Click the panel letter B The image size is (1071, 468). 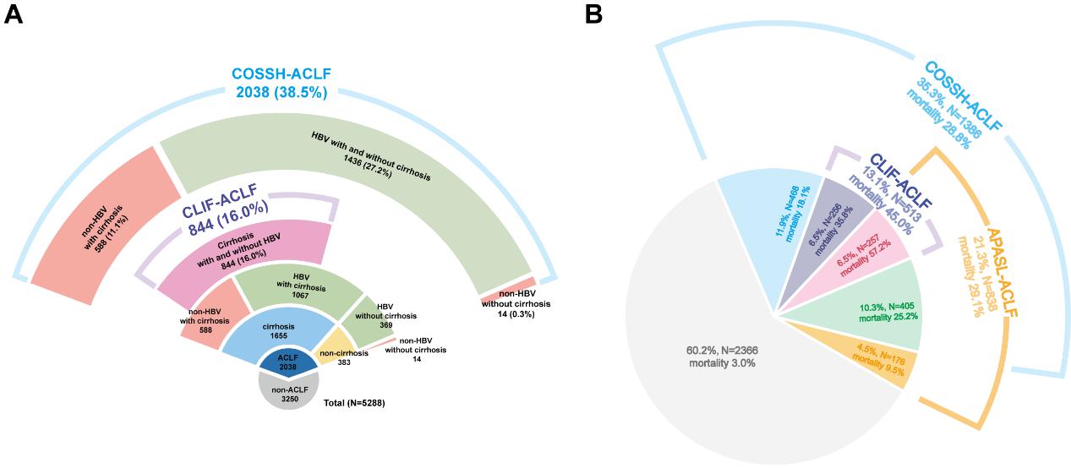tap(593, 14)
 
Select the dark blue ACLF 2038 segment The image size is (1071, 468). tap(289, 362)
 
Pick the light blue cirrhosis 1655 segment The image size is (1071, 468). tap(278, 330)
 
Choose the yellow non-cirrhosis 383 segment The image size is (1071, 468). tap(342, 354)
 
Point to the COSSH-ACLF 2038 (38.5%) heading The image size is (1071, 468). tap(279, 83)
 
